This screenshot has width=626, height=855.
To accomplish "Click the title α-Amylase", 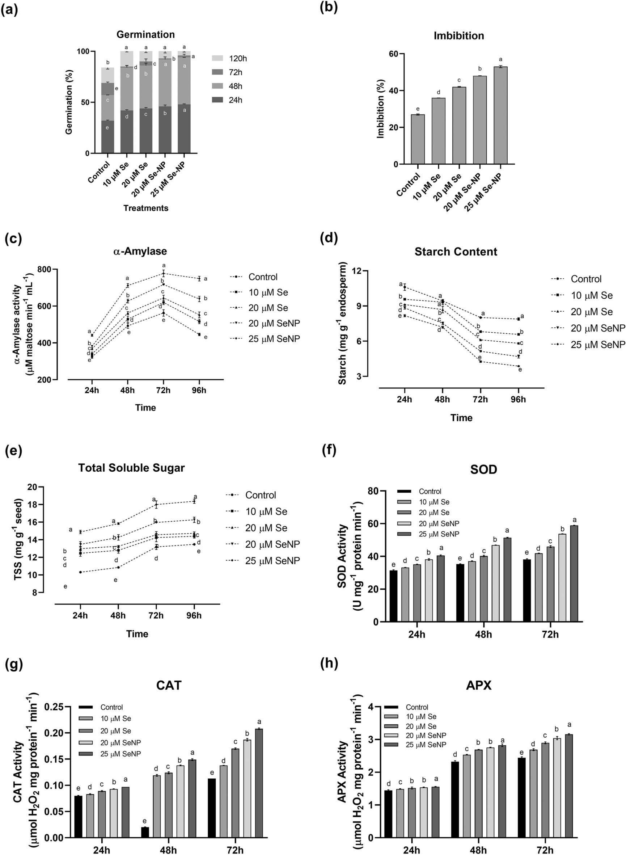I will click(140, 251).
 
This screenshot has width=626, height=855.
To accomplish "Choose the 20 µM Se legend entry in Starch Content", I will click(591, 312).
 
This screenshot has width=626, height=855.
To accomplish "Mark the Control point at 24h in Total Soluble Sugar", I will click(80, 572).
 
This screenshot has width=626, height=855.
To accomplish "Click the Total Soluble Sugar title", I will click(131, 468).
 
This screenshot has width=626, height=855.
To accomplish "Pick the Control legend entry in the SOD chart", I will click(430, 492).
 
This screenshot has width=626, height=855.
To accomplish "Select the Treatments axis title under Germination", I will click(146, 208).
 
